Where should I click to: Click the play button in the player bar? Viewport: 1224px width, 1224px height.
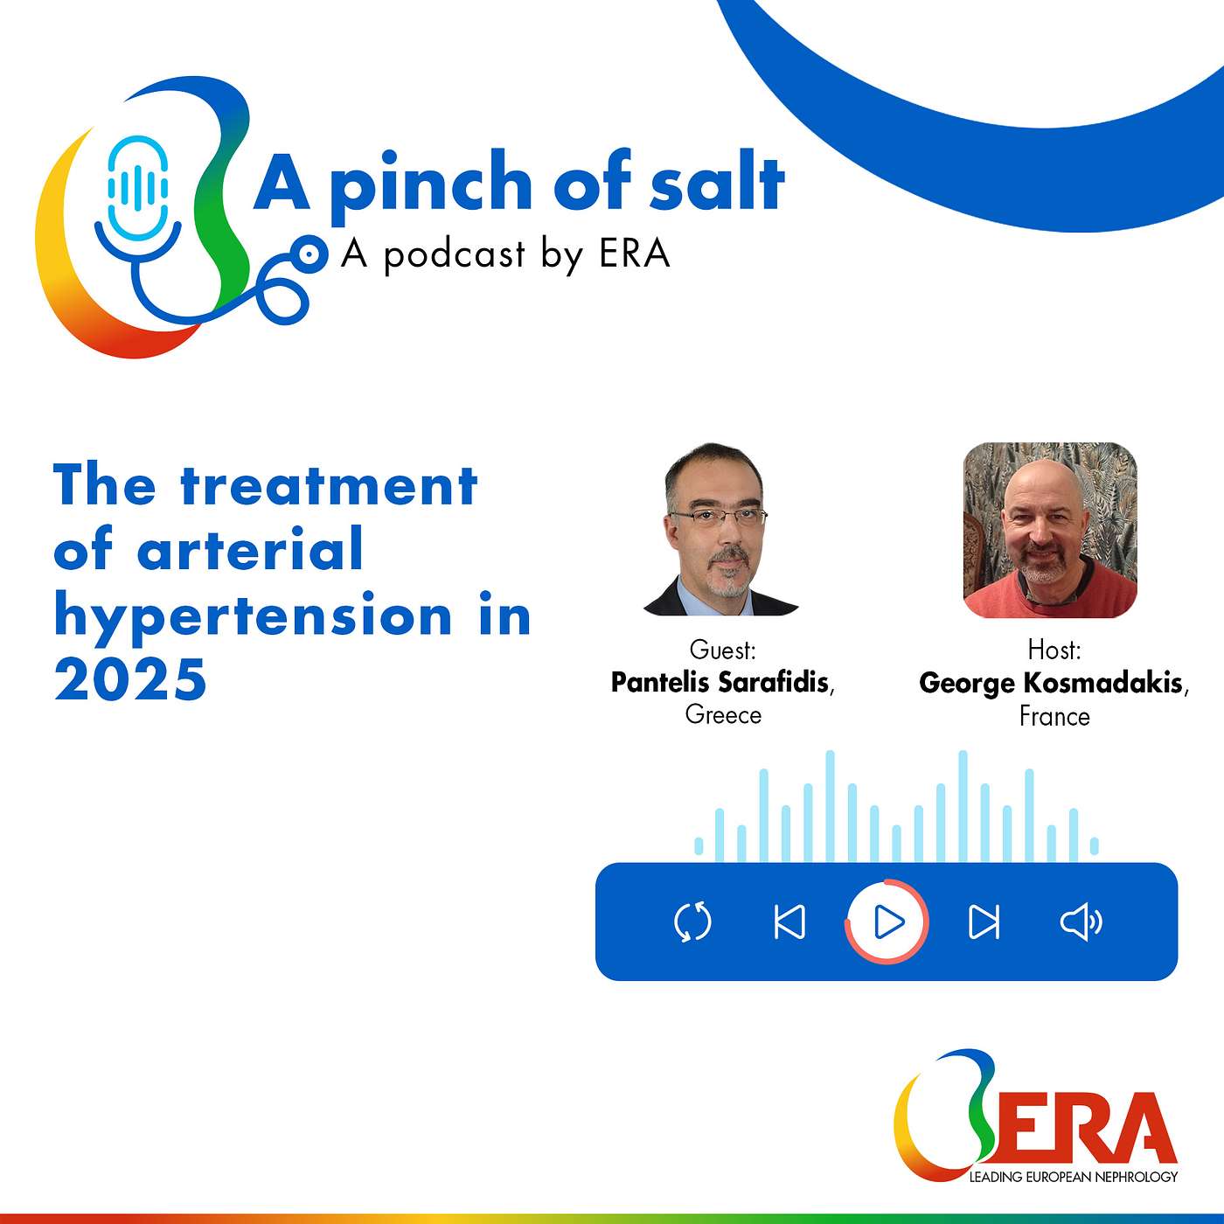point(887,921)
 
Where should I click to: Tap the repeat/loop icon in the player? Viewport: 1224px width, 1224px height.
point(693,922)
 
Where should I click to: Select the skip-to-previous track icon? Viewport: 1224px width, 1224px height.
point(790,922)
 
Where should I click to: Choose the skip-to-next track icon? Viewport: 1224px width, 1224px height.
point(984,922)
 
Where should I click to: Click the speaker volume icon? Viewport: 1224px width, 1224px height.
point(1081,922)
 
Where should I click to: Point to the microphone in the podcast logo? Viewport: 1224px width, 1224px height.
point(138,188)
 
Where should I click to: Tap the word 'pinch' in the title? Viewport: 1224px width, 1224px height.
point(431,185)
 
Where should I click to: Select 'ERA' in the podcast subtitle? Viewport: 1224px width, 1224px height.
point(634,254)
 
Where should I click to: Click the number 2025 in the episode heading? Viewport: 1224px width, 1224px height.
point(130,679)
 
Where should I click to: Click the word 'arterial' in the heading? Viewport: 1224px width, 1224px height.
point(250,551)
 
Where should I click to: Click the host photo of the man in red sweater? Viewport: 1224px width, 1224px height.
point(1050,530)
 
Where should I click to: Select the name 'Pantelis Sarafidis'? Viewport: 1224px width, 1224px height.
point(720,682)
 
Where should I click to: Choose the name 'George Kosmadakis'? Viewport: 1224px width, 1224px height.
point(1051,683)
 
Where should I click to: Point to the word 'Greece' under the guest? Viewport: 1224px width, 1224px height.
point(723,715)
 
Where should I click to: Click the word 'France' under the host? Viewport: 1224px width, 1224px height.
point(1054,717)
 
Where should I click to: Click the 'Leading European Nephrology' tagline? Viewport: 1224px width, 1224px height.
point(1073,1177)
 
